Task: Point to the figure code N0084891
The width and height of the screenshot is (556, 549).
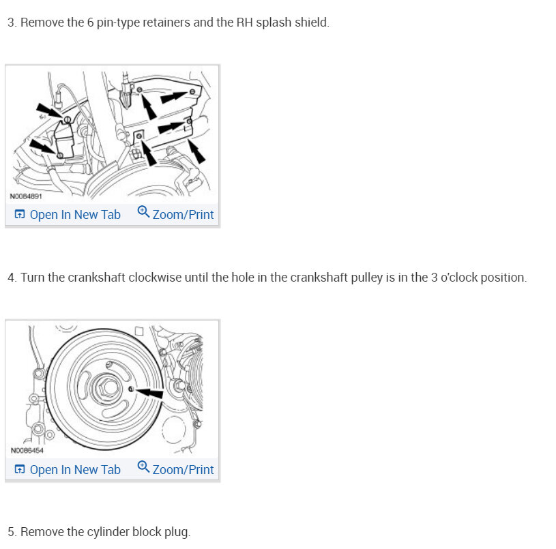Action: point(26,196)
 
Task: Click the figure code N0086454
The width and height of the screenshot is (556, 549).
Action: point(27,451)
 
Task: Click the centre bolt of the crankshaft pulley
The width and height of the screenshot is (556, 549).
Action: point(107,387)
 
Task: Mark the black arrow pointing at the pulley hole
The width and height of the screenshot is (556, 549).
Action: point(149,392)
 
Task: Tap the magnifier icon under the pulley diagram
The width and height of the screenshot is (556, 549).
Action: point(143,466)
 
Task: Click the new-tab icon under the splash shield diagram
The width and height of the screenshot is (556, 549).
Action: point(20,214)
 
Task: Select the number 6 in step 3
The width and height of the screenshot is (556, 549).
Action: point(91,23)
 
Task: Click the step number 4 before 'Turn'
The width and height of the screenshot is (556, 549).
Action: point(12,278)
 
